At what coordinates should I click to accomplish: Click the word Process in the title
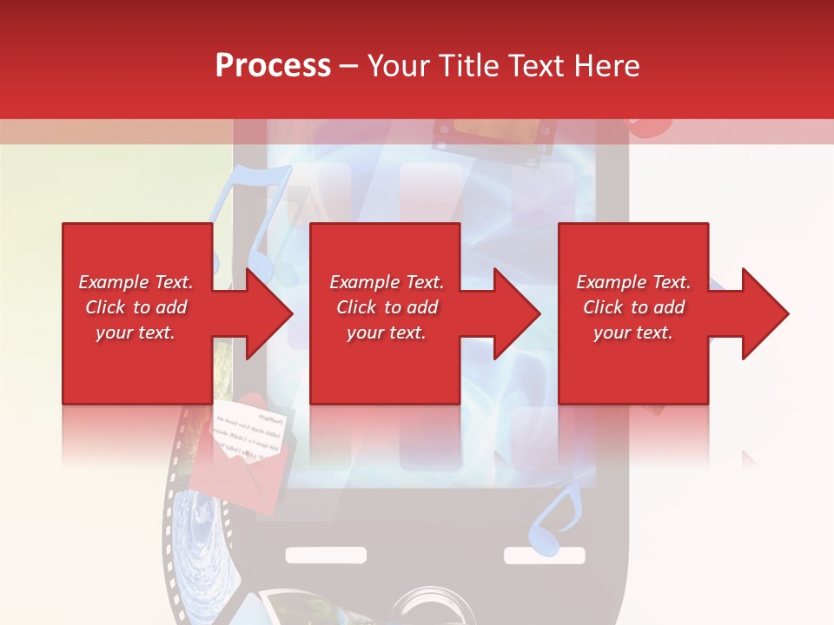[x=273, y=66]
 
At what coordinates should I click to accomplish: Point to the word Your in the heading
[x=399, y=66]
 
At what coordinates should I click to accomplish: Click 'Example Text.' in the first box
[x=136, y=282]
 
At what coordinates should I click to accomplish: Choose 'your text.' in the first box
[x=136, y=332]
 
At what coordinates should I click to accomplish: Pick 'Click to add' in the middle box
[x=387, y=307]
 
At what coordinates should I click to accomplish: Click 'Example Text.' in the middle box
[x=387, y=282]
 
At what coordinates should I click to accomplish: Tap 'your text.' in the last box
[x=633, y=332]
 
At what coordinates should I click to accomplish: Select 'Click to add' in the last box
[x=633, y=307]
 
